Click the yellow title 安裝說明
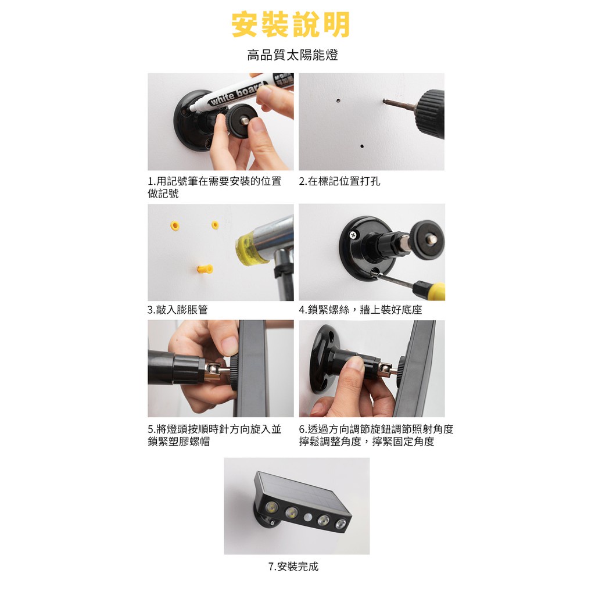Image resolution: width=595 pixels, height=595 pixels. (x=291, y=24)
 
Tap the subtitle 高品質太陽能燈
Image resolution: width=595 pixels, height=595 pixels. (x=293, y=55)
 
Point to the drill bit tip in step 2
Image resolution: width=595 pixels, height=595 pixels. (x=384, y=101)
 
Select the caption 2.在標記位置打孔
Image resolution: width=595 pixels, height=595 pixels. (x=339, y=181)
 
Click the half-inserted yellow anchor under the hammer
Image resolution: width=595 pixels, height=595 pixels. (x=205, y=269)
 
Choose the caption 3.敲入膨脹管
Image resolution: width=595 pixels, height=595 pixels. (x=178, y=310)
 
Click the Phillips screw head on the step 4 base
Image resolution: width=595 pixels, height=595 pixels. (x=353, y=235)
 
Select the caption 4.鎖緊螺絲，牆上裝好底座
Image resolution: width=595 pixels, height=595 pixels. (x=360, y=310)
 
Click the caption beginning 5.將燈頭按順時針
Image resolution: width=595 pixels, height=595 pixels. (x=214, y=435)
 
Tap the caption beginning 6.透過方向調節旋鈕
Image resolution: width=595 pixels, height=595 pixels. (x=376, y=435)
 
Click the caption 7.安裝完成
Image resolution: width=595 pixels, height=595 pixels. (x=293, y=567)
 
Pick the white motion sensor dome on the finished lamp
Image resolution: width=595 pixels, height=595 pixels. (x=308, y=517)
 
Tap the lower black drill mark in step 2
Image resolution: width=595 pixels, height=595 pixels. (x=362, y=146)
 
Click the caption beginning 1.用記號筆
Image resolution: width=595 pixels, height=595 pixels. (x=214, y=187)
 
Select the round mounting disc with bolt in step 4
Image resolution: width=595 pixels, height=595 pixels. (x=428, y=240)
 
